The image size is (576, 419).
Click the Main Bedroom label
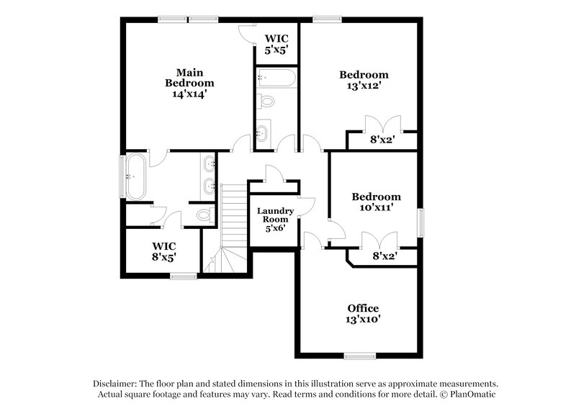coord(189,77)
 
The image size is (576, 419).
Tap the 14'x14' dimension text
coord(189,94)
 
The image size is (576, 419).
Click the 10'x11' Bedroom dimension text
coord(376,207)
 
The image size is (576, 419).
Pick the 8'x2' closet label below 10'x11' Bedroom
coord(384,255)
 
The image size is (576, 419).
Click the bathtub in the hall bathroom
coord(276,77)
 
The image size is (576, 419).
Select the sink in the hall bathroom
coord(263,132)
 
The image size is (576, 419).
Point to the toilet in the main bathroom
coord(204,214)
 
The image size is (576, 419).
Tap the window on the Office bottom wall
coord(360,355)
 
